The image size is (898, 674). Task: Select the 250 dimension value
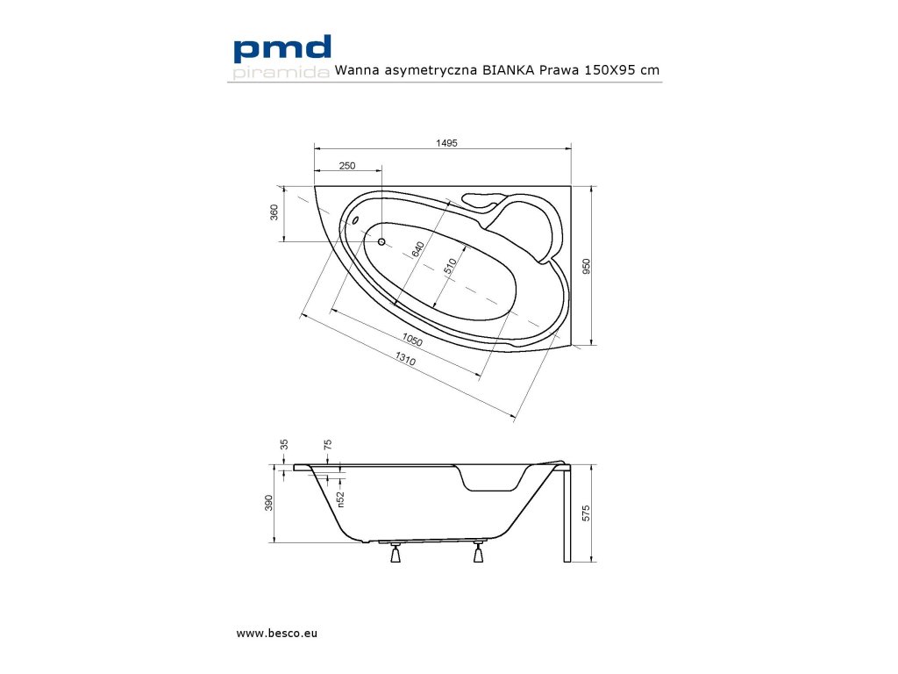pos(347,166)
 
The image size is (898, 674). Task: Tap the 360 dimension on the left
pos(274,212)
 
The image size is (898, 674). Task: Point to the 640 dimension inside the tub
pos(418,250)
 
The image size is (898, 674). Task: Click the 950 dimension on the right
pos(587,266)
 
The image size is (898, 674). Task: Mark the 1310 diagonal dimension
pos(404,360)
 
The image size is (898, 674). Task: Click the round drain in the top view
pos(381,241)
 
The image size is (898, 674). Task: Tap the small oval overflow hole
pos(355,219)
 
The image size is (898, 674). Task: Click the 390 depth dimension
pos(269,503)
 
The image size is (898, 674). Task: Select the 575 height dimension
pos(587,514)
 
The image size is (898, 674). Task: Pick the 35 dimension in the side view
pos(283,445)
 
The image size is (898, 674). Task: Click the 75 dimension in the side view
pos(327,445)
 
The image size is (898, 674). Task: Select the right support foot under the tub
pos(479,554)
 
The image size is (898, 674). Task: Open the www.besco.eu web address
pos(276,633)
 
